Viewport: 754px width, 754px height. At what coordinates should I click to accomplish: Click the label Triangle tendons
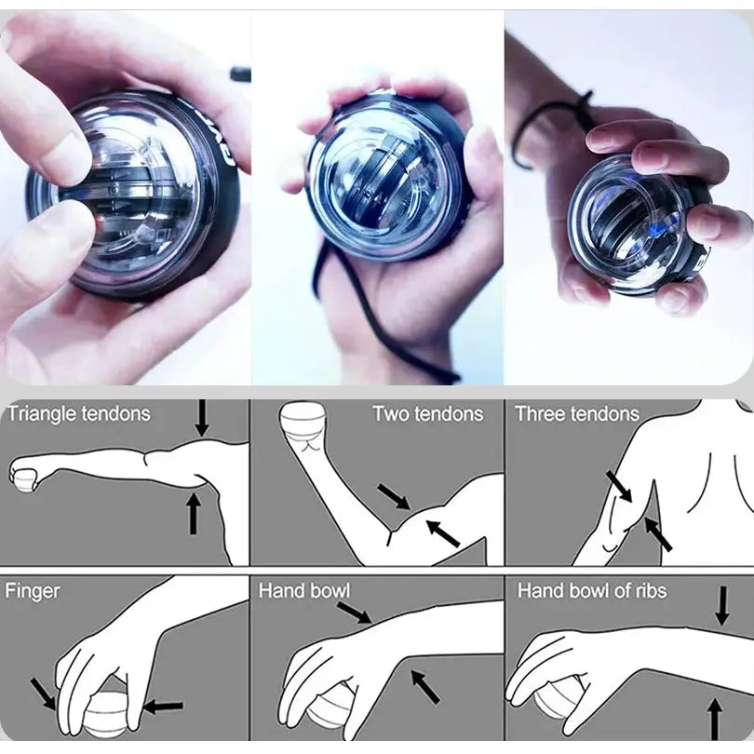coord(78,414)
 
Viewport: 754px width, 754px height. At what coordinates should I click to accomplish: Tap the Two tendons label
coord(427,414)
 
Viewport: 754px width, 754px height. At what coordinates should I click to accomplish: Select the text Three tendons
coord(577,414)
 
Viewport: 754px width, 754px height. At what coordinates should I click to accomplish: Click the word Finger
coord(33,590)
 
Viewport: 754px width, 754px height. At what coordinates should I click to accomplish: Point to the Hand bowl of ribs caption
coord(592,590)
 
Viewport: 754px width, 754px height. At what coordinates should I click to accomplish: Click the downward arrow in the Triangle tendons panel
coord(202,419)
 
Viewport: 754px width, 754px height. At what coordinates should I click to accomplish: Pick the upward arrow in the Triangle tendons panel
coord(194,513)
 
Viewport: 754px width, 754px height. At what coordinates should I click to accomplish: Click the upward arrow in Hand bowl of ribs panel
coord(715,718)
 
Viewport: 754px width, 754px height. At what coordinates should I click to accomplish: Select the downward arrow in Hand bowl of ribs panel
coord(722,605)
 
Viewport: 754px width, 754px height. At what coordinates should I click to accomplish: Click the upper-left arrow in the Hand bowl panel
coord(354,612)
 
